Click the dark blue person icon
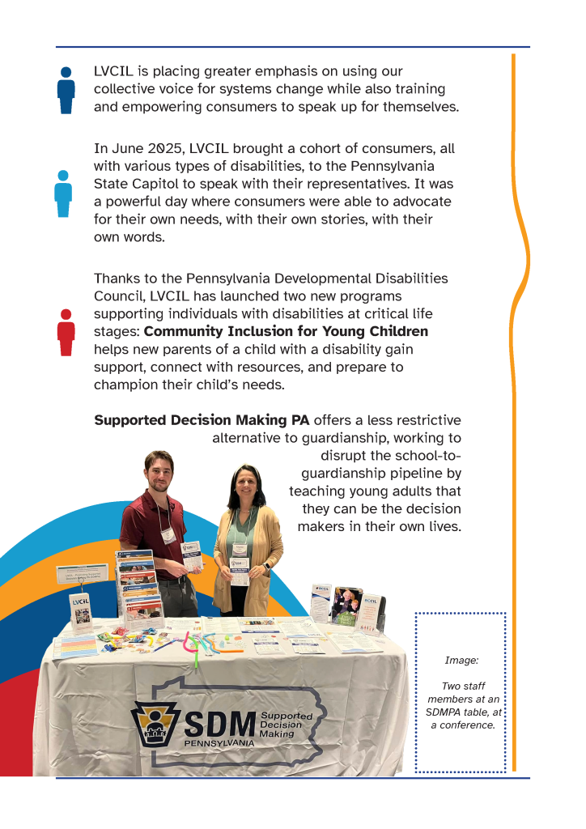(66, 90)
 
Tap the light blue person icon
(63, 193)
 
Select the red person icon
(66, 332)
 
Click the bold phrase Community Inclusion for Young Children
(286, 332)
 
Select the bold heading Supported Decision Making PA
(202, 420)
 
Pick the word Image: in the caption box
(461, 661)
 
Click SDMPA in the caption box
(447, 712)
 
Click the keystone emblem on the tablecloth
(154, 724)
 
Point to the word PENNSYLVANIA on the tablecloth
(219, 743)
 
